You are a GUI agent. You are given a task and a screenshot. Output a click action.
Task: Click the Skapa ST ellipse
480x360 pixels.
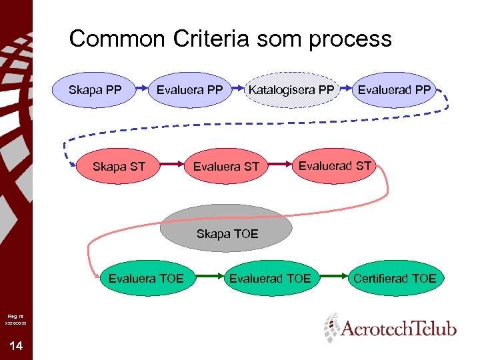(x=119, y=166)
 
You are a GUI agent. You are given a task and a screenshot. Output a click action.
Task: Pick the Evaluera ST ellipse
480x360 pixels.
(x=225, y=166)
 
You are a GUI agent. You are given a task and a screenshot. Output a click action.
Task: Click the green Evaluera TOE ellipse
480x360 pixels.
(x=146, y=278)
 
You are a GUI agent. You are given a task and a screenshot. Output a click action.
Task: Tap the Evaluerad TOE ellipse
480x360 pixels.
(x=270, y=278)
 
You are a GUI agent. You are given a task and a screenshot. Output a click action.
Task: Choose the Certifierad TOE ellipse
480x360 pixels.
(x=395, y=278)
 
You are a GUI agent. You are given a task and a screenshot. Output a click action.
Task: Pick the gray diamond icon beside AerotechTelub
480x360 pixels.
(x=331, y=327)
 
